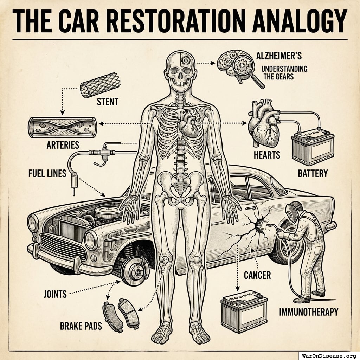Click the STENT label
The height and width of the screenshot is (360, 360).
(x=107, y=102)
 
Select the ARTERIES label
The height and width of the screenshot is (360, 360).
(x=63, y=144)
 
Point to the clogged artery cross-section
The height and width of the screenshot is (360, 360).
(x=63, y=127)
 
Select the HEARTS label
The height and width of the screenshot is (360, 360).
(x=267, y=154)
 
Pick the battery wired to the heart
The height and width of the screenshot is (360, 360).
(x=313, y=147)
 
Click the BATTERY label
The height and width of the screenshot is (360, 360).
(x=313, y=173)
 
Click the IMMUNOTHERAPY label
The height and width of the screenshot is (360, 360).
(x=309, y=311)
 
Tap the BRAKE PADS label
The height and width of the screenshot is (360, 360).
(x=81, y=326)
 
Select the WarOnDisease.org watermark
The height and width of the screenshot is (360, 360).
(x=329, y=355)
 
